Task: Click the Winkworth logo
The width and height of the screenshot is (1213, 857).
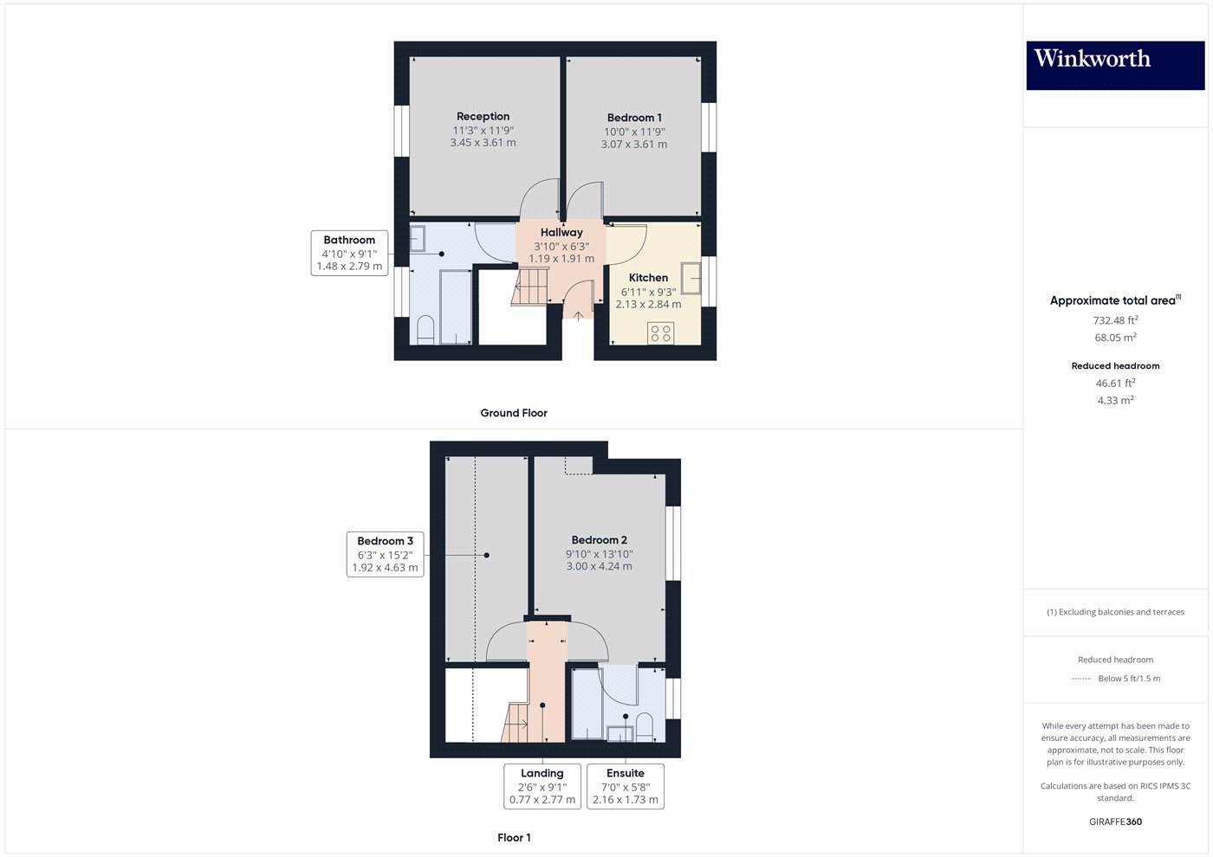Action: click(1115, 65)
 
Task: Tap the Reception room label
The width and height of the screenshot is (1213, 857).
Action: click(483, 116)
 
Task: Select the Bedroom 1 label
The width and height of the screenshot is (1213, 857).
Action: click(634, 118)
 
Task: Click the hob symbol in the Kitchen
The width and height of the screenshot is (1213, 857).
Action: click(660, 332)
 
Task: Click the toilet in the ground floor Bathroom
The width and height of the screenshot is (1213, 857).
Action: click(425, 330)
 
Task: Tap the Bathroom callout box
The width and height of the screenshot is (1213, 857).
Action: click(349, 253)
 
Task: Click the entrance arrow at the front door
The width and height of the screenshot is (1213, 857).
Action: click(578, 316)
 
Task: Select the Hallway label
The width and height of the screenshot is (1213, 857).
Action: click(561, 232)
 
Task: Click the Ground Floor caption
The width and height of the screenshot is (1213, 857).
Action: click(514, 413)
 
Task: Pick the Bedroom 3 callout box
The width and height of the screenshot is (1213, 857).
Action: click(385, 555)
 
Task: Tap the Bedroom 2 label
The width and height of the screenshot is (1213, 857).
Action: click(599, 540)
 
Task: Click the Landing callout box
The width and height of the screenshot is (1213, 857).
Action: click(542, 787)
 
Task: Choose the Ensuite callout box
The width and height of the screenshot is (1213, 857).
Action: click(626, 787)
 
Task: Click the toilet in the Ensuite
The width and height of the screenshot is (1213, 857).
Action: click(644, 727)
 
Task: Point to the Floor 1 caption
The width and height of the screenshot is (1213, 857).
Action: click(514, 838)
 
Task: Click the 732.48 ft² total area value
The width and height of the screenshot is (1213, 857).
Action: click(1115, 319)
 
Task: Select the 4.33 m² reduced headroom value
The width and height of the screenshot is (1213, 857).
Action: click(1115, 400)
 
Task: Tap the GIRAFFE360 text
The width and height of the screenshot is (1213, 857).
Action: click(1115, 822)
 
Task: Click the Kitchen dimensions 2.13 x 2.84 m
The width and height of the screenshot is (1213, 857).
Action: click(648, 304)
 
